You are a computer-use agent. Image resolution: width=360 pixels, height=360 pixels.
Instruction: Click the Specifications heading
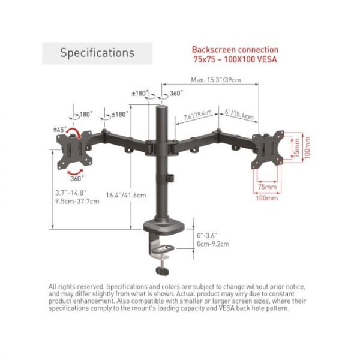[x=97, y=53]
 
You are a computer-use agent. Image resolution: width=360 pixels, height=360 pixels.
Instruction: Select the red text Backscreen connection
[x=235, y=50]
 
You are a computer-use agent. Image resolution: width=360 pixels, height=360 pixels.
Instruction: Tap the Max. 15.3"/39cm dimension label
[x=216, y=80]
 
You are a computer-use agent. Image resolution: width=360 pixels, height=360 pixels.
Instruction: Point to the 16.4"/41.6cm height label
[x=126, y=195]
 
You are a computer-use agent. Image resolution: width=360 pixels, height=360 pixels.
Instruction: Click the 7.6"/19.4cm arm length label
[x=197, y=115]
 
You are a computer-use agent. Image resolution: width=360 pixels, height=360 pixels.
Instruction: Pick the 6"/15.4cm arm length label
[x=239, y=114]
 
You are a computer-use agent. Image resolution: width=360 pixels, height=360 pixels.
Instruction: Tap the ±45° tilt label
[x=60, y=130]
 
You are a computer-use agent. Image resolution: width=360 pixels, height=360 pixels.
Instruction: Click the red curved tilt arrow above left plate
[x=73, y=132]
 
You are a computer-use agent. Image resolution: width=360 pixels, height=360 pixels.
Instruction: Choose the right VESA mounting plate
[x=268, y=149]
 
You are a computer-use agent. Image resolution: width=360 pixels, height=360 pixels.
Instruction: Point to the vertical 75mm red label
[x=296, y=148]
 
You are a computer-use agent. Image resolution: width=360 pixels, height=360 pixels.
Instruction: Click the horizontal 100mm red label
[x=267, y=198]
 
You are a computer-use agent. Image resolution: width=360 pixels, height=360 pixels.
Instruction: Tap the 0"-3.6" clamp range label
[x=207, y=236]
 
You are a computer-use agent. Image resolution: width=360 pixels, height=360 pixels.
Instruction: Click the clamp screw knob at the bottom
[x=163, y=271]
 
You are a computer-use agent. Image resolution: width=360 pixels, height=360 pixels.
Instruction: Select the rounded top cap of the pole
[x=162, y=108]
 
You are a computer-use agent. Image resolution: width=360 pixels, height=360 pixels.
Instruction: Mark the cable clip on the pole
[x=170, y=178]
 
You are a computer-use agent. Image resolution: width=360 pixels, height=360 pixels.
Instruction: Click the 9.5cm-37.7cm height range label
[x=77, y=202]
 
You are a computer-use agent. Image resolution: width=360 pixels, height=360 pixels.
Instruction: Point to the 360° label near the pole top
[x=176, y=93]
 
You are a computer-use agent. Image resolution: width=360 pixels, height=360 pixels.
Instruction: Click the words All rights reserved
[x=76, y=287]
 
